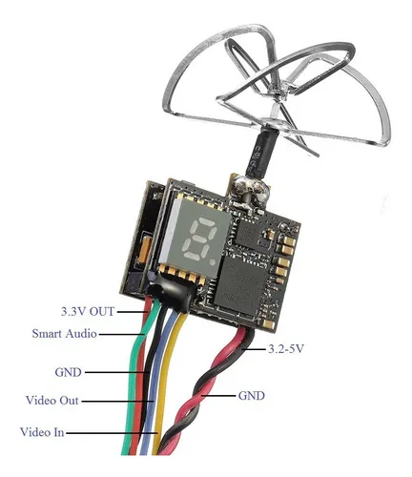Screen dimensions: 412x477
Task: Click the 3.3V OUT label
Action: (88, 311)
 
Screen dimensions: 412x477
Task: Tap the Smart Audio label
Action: (64, 334)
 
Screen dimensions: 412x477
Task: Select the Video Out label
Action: (51, 400)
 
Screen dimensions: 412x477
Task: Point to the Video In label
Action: (42, 432)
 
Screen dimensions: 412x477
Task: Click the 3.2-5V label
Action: (286, 349)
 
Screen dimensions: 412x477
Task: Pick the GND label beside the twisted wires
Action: (251, 396)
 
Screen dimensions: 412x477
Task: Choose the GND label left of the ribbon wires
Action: (68, 372)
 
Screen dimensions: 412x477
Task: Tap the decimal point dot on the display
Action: (213, 261)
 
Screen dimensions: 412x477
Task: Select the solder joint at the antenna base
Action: (251, 194)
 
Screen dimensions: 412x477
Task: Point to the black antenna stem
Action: (261, 153)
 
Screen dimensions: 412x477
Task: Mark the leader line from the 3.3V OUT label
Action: (132, 312)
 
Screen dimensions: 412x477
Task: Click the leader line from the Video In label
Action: (112, 433)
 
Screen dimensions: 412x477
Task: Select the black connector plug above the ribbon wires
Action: (172, 293)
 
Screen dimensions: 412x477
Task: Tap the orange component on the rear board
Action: (145, 250)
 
